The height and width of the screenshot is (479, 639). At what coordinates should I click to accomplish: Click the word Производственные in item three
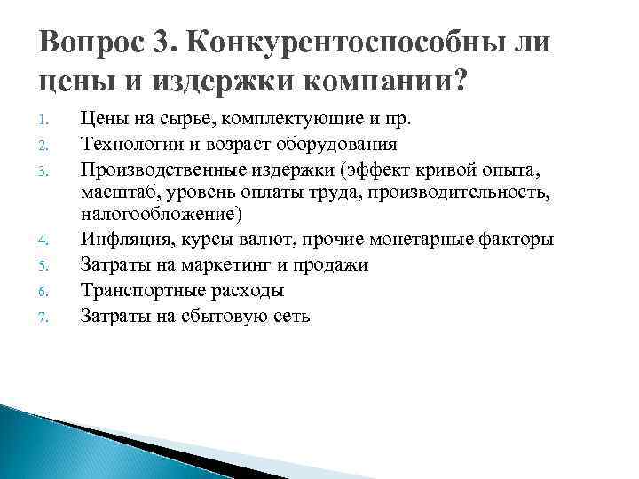click(157, 168)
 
